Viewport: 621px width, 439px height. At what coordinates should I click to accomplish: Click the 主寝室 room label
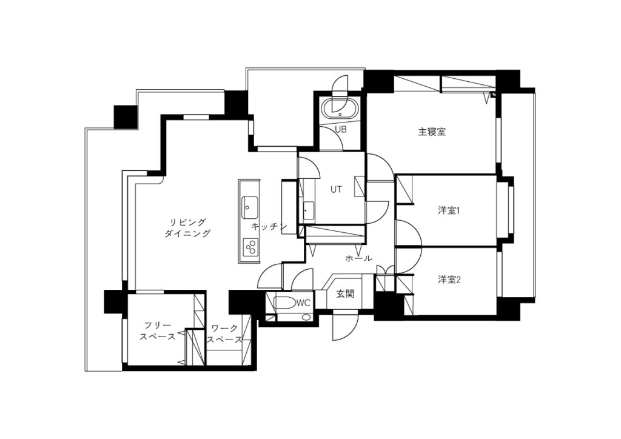432,132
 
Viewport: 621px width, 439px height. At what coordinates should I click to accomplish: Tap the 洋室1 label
448,210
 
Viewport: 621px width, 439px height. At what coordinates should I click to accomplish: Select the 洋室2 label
449,280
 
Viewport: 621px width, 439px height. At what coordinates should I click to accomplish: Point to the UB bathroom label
341,129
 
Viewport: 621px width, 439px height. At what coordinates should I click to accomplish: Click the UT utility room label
336,190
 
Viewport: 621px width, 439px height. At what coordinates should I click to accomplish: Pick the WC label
303,303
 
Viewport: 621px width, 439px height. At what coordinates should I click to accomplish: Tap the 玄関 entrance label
345,293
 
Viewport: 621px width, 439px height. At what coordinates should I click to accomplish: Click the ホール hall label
358,258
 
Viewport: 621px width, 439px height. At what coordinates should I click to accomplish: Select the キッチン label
269,227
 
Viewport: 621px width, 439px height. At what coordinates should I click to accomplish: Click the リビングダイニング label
187,227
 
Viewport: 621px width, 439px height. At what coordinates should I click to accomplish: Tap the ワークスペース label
225,333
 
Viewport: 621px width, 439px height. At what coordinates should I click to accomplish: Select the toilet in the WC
285,303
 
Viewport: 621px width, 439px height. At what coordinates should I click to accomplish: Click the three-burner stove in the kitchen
249,247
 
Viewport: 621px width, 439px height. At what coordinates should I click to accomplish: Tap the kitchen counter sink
249,207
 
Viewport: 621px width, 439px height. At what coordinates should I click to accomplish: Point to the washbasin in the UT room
309,210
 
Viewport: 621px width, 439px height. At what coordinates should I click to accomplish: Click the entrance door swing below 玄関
345,326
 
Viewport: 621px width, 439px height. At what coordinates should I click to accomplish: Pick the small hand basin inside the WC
306,317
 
